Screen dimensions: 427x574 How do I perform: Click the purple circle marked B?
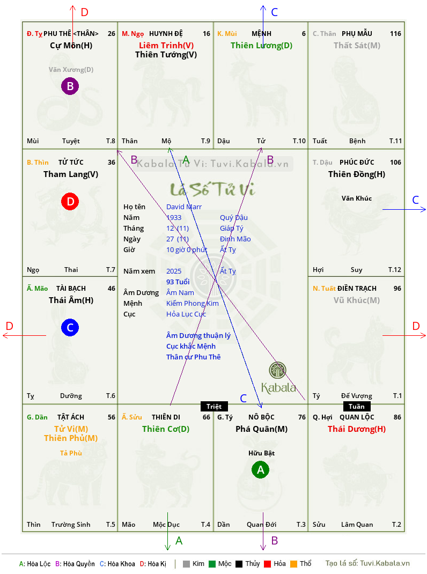click(x=70, y=86)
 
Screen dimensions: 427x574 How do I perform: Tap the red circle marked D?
click(x=70, y=201)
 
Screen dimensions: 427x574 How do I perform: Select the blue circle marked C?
click(x=70, y=327)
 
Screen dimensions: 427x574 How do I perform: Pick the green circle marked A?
click(x=260, y=470)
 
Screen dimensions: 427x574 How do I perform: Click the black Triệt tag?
click(x=214, y=406)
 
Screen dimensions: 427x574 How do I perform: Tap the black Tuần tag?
click(x=357, y=406)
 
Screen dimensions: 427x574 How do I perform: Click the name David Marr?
click(x=184, y=207)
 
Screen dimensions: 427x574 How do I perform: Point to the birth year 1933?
click(x=174, y=217)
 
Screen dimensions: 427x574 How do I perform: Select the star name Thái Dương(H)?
click(x=357, y=429)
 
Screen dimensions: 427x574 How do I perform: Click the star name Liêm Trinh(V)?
click(x=166, y=46)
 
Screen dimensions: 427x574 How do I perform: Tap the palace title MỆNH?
click(x=261, y=34)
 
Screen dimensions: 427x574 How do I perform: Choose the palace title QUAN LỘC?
click(x=357, y=417)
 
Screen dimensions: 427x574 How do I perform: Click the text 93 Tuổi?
click(x=178, y=282)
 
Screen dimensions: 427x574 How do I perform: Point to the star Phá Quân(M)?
click(x=261, y=429)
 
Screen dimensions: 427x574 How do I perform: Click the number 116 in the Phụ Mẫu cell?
click(x=395, y=34)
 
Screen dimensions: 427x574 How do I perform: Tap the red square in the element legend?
click(x=267, y=564)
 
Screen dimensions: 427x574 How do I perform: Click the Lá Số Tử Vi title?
click(x=212, y=189)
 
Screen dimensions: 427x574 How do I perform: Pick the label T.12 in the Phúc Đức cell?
click(x=395, y=270)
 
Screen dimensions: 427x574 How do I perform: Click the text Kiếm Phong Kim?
click(x=192, y=304)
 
